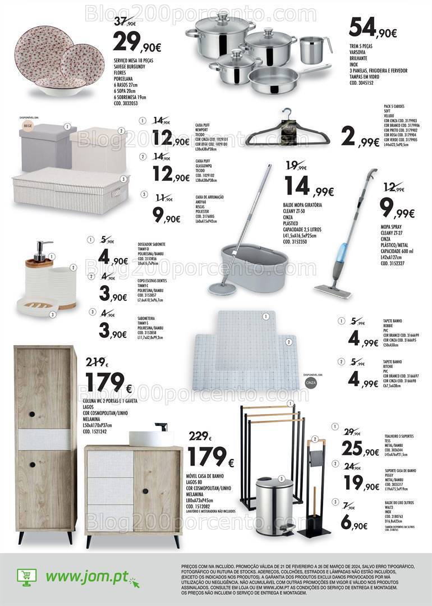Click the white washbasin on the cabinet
(x=149, y=438)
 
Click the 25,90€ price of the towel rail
(x=362, y=448)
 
